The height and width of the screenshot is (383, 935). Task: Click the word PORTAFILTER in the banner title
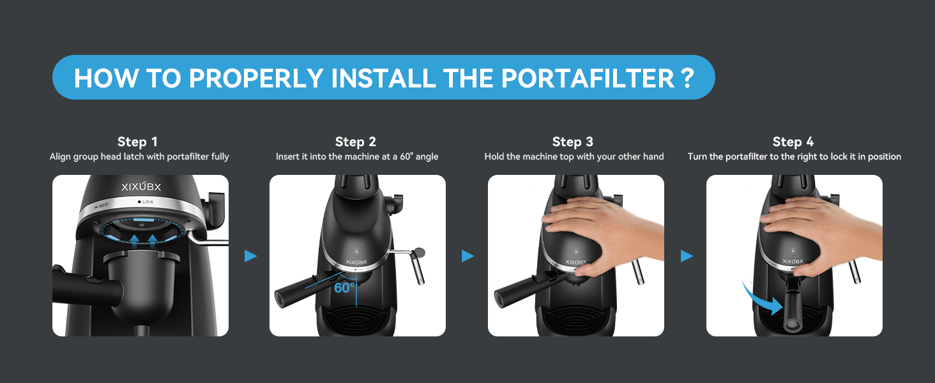pyautogui.click(x=588, y=78)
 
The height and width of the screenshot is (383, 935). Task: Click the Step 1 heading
pyautogui.click(x=137, y=142)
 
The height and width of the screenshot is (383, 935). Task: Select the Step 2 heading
pyautogui.click(x=356, y=142)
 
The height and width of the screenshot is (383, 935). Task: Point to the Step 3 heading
pyautogui.click(x=573, y=142)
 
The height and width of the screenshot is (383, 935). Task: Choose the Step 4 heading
pyautogui.click(x=793, y=142)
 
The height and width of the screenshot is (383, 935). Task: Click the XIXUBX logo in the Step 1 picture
pyautogui.click(x=141, y=186)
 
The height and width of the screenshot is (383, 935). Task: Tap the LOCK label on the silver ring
pyautogui.click(x=146, y=202)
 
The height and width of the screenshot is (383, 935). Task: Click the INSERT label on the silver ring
pyautogui.click(x=102, y=206)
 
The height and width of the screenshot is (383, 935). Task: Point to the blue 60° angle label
pyautogui.click(x=344, y=287)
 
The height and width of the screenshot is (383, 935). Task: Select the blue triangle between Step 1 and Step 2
pyautogui.click(x=250, y=256)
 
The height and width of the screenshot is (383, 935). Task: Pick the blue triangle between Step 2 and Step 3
pyautogui.click(x=468, y=256)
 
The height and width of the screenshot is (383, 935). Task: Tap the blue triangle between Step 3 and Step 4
pyautogui.click(x=687, y=256)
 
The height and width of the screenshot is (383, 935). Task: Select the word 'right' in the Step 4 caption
pyautogui.click(x=805, y=157)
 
